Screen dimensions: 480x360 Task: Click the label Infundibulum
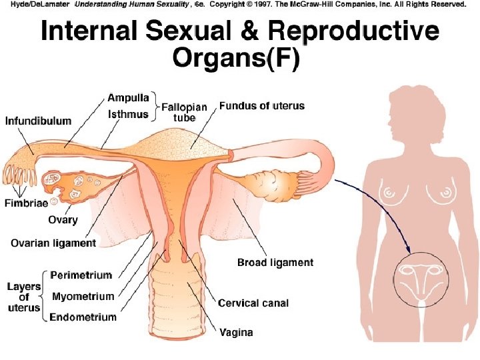[39, 121]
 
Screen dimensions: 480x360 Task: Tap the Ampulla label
[128, 98]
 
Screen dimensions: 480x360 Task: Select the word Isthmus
[128, 115]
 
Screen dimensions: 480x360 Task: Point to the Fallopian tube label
[185, 112]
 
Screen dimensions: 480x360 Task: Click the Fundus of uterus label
[262, 105]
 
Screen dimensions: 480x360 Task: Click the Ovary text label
[63, 219]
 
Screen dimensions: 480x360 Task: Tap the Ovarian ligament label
[53, 243]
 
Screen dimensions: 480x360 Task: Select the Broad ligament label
[275, 263]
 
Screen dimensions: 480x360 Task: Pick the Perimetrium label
[81, 275]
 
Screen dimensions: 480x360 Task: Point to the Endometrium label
[83, 317]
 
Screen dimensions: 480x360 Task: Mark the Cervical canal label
[254, 303]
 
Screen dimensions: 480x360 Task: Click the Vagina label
[237, 332]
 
